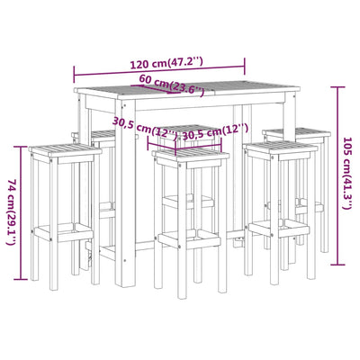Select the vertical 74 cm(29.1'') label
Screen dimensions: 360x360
11,211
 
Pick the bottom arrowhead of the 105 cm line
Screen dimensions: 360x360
336,264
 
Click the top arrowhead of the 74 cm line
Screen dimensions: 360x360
20,147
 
